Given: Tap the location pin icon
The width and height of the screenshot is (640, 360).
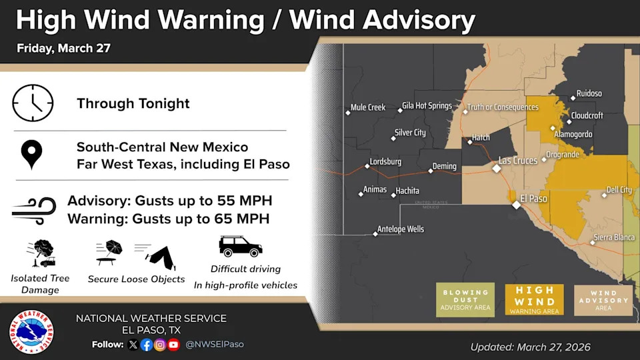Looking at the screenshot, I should coord(31,155).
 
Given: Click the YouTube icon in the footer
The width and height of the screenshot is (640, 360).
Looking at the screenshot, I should coord(174,345).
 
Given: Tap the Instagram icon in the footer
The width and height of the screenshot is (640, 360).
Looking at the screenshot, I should coord(160,345).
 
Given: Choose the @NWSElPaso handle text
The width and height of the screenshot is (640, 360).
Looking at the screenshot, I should coord(214,345).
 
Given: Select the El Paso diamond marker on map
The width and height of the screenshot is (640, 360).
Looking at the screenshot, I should coord(516,205).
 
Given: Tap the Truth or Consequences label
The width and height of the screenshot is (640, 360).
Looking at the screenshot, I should coord(502,107).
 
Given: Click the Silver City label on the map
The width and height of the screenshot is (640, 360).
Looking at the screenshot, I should coord(410,133).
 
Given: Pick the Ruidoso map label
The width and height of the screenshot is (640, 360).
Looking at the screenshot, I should coord(589,94).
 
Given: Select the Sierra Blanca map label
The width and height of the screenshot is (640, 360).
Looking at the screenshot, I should coord(616,237).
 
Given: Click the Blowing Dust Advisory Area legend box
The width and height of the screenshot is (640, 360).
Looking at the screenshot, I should coord(465,299).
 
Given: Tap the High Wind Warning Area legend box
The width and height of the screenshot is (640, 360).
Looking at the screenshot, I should coord(534,299).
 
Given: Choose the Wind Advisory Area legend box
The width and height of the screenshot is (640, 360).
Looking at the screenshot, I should coord(603,299).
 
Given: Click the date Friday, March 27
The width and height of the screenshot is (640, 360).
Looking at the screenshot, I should coord(63,48).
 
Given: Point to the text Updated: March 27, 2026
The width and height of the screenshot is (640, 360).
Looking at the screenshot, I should coord(530,347).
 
